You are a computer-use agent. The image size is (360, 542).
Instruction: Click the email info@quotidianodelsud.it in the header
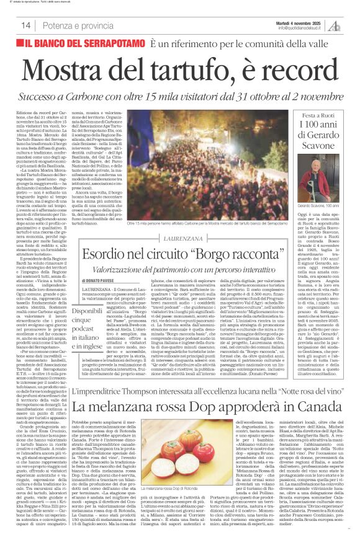tap(303, 28)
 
